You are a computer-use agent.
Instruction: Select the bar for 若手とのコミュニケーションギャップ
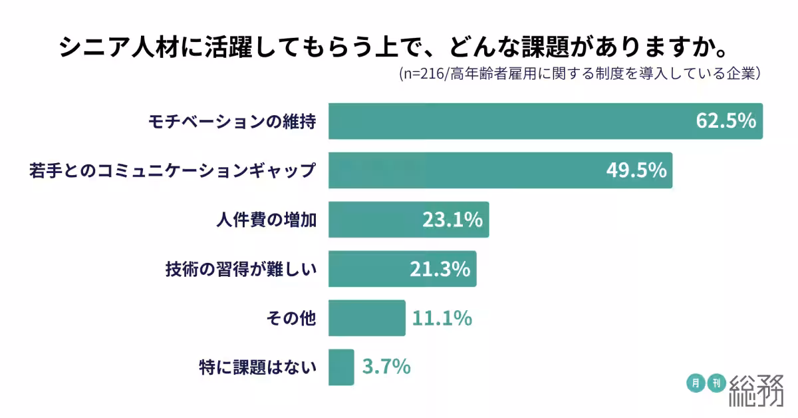465,170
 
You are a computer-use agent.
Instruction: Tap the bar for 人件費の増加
372,220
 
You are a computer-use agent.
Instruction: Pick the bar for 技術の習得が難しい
366,269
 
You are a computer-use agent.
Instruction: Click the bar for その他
366,318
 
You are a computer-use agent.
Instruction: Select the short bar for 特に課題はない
341,367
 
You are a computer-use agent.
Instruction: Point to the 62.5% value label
726,121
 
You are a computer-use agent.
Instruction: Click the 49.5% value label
636,170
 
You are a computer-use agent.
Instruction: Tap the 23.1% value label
452,220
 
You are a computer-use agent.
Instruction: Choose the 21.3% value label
440,269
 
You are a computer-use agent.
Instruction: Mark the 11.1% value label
442,318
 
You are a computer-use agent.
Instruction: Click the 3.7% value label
386,367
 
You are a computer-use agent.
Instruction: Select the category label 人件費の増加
266,220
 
